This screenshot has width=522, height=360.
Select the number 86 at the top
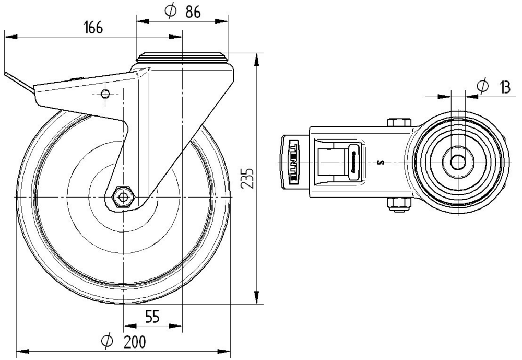[193, 12]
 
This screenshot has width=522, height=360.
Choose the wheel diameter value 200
[135, 342]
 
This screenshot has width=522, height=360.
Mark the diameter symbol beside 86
[170, 12]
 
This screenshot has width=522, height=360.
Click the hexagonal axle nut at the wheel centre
[123, 197]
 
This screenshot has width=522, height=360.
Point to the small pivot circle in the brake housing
[105, 94]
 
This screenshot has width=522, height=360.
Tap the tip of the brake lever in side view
[6, 75]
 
